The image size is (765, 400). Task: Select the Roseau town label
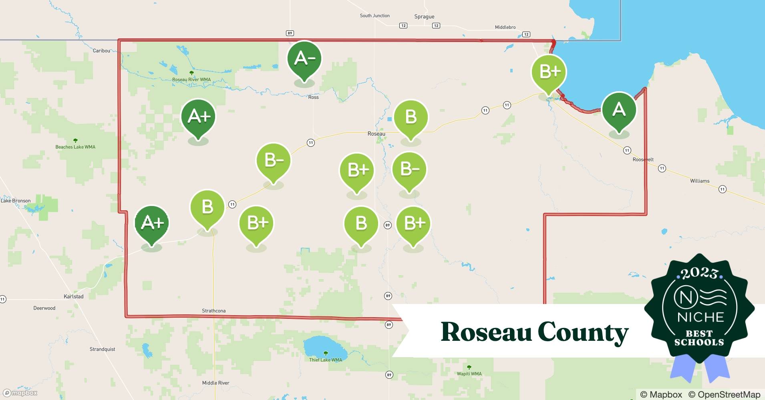point(376,134)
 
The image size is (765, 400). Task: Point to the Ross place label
point(313,97)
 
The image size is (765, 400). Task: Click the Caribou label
point(101,51)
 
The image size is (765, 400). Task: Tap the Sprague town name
point(424,17)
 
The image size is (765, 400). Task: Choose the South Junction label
point(374,16)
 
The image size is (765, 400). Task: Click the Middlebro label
point(505,27)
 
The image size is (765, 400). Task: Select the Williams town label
point(699,181)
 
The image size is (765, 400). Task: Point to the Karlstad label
point(74,296)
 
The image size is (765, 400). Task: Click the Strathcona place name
point(213,311)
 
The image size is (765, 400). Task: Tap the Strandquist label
point(102,349)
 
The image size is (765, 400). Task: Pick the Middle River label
point(215,383)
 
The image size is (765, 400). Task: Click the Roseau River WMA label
point(191,80)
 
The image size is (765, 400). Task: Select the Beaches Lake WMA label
point(75,147)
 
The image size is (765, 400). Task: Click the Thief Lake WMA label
point(325,360)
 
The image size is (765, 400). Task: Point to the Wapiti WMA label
point(469,374)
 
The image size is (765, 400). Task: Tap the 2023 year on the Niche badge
point(699,273)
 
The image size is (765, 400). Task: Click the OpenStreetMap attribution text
point(724,394)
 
